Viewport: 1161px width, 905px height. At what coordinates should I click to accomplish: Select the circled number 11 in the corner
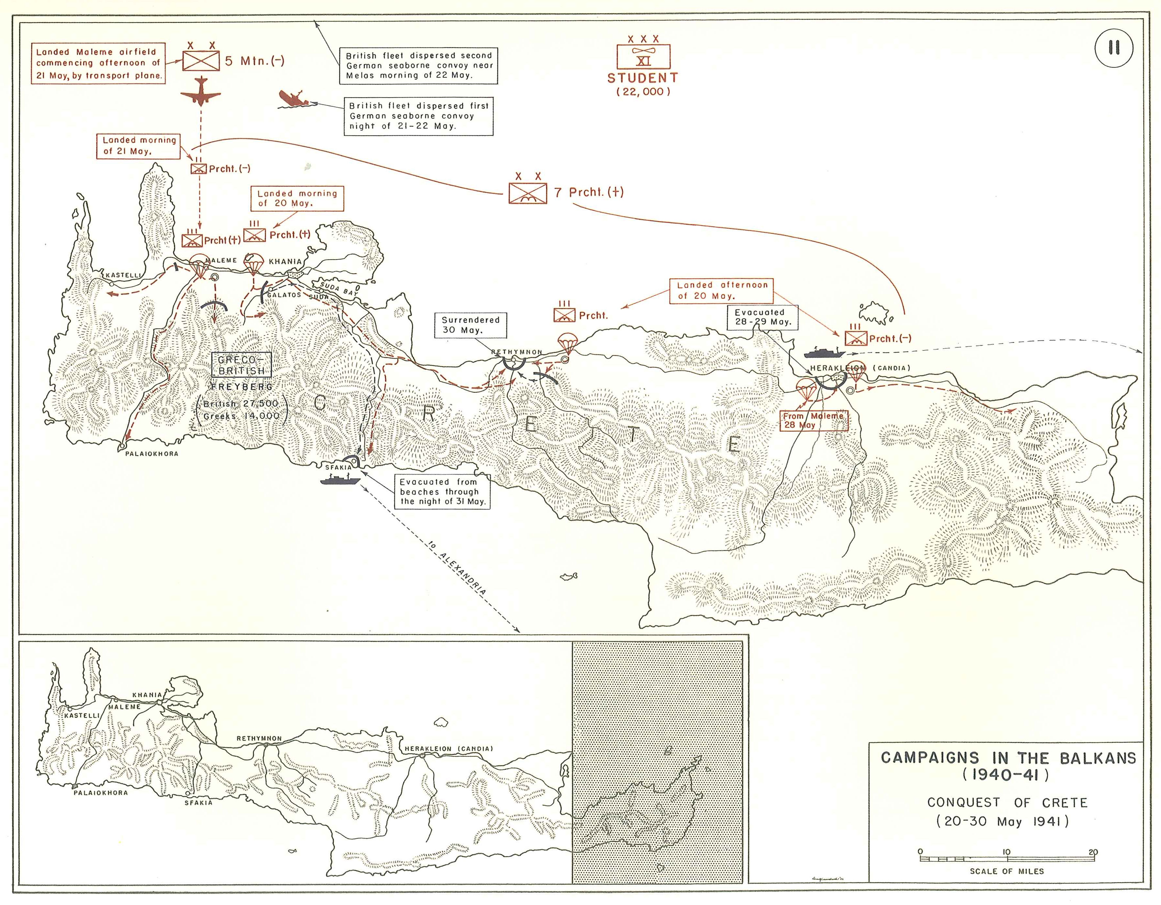click(x=1114, y=48)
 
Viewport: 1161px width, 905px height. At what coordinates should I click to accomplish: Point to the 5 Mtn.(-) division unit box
click(x=201, y=61)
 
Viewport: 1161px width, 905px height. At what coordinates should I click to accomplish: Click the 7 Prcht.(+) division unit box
click(x=527, y=193)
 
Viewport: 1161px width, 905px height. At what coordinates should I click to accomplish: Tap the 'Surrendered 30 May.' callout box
click(x=470, y=325)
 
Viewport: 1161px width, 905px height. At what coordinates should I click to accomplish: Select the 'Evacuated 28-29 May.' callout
click(x=762, y=317)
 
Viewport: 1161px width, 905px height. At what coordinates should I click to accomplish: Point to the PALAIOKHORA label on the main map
click(x=152, y=453)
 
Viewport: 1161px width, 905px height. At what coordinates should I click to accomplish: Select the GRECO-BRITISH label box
click(x=241, y=365)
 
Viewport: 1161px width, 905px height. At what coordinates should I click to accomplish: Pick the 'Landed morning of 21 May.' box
click(x=139, y=146)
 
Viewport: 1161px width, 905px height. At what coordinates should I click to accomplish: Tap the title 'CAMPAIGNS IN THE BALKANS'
click(x=1008, y=758)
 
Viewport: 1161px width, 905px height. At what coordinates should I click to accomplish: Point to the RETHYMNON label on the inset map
click(x=259, y=738)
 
